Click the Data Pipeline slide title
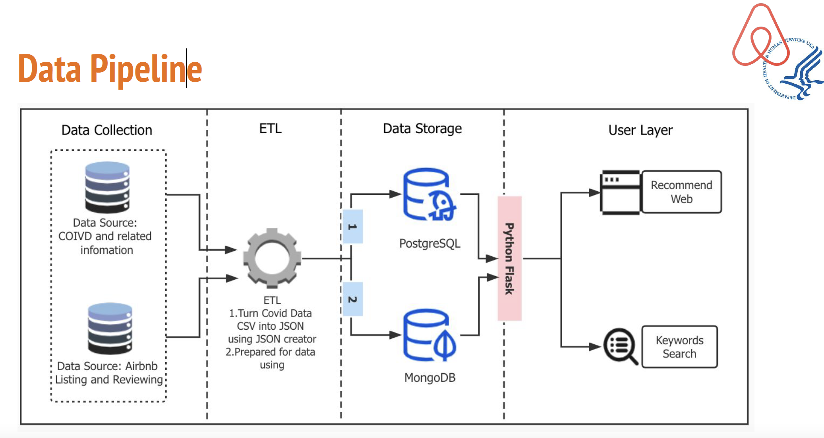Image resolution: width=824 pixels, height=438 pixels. tap(110, 69)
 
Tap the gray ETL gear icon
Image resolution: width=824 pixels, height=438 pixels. tap(272, 258)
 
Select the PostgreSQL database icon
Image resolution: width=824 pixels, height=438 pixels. tap(428, 194)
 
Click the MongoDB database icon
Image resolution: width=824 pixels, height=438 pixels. tap(428, 335)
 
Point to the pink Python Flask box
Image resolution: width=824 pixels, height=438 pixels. tap(509, 258)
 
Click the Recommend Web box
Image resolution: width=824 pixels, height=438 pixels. tap(681, 192)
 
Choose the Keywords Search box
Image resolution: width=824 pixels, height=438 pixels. tap(679, 347)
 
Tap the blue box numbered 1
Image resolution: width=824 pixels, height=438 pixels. tap(352, 227)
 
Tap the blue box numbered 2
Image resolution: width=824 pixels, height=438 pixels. tap(352, 299)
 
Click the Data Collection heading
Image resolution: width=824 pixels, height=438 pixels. tap(106, 130)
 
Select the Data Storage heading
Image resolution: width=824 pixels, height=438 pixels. tap(422, 129)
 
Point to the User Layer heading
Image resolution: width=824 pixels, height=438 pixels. tap(640, 130)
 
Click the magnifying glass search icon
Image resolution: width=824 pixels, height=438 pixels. tap(620, 346)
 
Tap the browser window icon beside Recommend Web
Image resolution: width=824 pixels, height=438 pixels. tap(620, 192)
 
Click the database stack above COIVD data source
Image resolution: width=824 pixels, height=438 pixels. tap(107, 187)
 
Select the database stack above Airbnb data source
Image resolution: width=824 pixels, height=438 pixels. tap(110, 328)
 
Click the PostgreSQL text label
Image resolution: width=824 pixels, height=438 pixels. tap(429, 243)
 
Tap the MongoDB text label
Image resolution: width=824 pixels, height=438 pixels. tap(429, 377)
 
